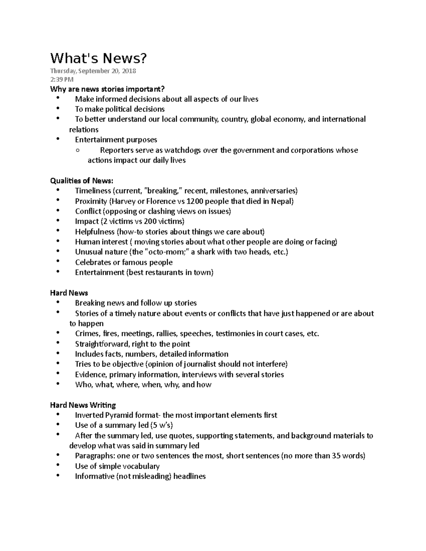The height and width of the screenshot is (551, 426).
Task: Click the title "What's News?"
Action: point(98,58)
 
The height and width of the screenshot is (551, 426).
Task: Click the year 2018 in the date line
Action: point(129,71)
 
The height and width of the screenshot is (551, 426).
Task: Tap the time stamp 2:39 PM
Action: point(62,79)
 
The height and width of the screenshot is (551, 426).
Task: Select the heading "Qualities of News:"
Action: point(82,181)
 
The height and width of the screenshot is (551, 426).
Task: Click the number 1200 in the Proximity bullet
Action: point(195,201)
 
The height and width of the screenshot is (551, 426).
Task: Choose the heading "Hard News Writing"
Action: point(83,405)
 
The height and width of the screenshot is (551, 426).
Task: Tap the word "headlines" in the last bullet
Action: point(190,476)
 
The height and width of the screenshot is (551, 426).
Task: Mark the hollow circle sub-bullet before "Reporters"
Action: point(77,150)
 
